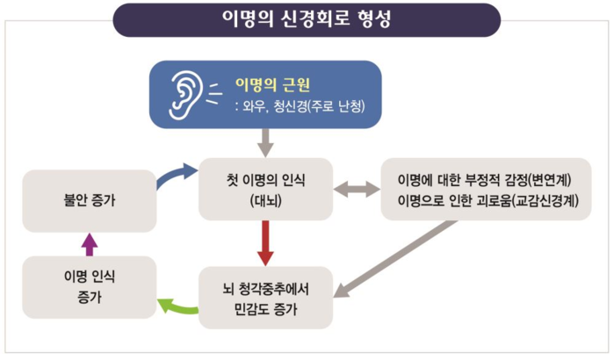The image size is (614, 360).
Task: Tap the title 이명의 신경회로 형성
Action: click(307, 19)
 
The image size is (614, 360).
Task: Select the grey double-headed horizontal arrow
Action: click(357, 188)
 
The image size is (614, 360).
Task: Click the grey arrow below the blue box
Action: click(265, 140)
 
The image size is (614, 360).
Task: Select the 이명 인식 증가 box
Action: click(88, 286)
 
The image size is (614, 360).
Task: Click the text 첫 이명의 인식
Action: click(265, 179)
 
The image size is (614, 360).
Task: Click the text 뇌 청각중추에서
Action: click(265, 288)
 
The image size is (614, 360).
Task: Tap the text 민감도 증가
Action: click(265, 308)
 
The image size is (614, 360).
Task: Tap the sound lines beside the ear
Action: click(214, 90)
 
